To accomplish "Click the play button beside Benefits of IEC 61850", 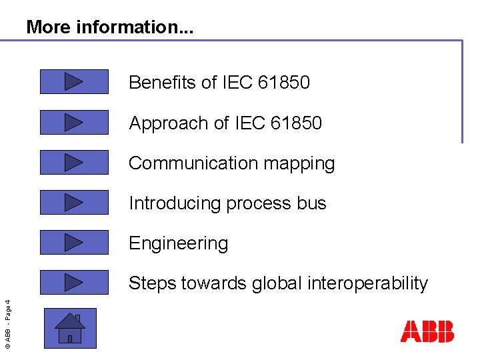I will click(74, 82).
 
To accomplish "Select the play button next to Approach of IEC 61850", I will click(74, 123).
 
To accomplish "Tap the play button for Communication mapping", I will click(74, 163).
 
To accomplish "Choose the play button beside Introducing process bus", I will click(74, 203).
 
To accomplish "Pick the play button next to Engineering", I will click(74, 243).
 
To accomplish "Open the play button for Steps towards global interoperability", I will click(74, 283).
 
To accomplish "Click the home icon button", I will click(70, 328).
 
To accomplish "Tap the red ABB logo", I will click(427, 331).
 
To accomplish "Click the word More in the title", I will click(49, 27).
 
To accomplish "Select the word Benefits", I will click(163, 83).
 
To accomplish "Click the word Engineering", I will click(178, 244).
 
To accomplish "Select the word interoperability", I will click(367, 283).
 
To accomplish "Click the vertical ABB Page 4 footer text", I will click(7, 323).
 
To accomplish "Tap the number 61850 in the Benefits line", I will click(283, 83).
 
